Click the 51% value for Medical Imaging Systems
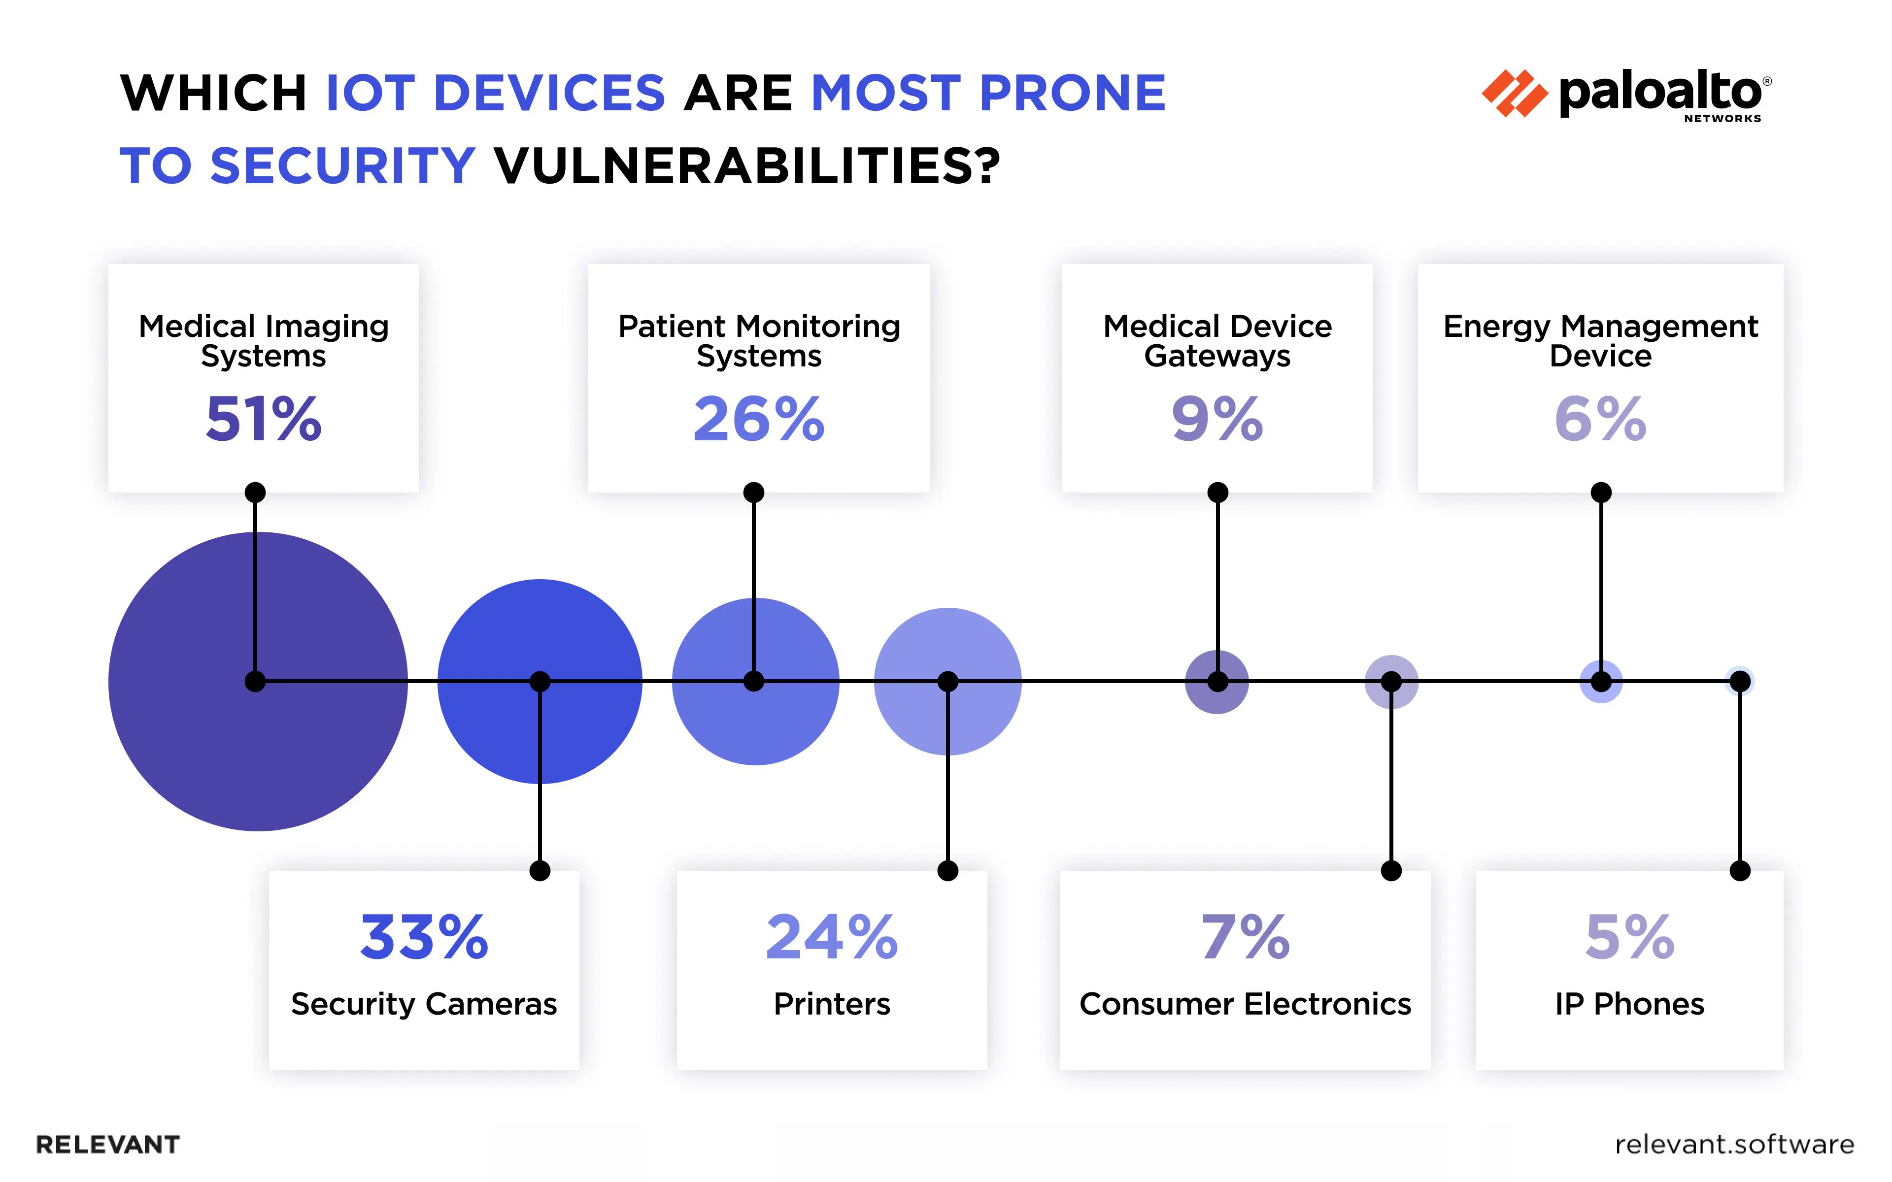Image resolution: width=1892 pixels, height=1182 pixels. (264, 419)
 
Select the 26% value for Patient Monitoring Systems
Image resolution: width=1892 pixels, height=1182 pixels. (758, 419)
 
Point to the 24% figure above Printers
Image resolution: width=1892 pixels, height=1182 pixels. (832, 937)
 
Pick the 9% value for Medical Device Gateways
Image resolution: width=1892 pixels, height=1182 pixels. (1216, 419)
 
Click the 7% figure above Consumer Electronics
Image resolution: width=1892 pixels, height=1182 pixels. (1246, 937)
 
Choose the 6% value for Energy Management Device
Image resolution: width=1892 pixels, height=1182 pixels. (1600, 419)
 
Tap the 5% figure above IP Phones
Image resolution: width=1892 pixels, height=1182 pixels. (1629, 937)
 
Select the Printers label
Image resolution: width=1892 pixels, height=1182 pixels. (832, 1004)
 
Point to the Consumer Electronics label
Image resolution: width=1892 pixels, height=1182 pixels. (1246, 1004)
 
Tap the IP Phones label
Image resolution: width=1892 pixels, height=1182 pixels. (1629, 1004)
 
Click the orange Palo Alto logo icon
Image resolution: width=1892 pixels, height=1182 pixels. (1515, 94)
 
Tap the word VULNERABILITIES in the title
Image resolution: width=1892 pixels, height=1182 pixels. (746, 166)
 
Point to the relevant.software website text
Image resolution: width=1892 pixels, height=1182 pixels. (1734, 1145)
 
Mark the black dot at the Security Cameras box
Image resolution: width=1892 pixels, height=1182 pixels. (540, 870)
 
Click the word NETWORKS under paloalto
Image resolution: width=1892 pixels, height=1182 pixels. (1723, 119)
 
